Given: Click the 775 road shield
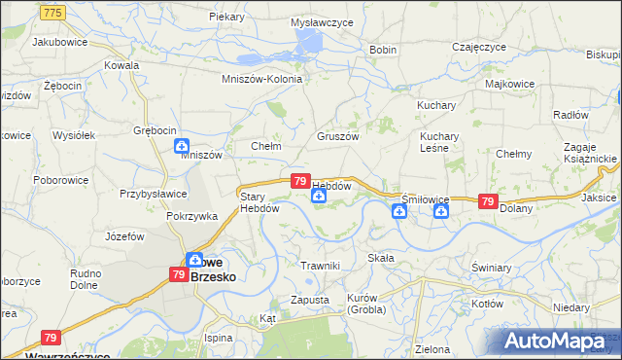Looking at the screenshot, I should (54, 11).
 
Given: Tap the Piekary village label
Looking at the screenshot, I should (225, 18).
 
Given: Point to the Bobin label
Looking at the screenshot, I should (383, 50).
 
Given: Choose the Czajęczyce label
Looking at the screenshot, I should (479, 47).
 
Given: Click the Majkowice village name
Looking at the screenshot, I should (509, 84).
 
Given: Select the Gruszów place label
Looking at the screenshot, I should (337, 136).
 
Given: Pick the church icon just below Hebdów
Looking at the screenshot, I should (319, 198).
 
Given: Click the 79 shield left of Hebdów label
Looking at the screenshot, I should (300, 182).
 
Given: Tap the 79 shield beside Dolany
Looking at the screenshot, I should (487, 200).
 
